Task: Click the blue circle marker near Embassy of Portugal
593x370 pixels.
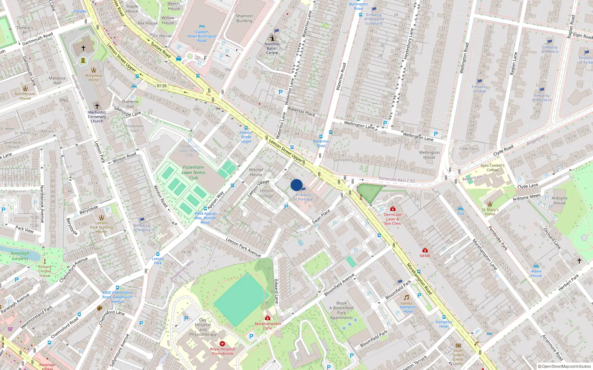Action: click(296, 185)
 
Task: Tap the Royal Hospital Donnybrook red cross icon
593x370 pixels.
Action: click(222, 344)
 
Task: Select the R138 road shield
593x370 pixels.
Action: click(162, 86)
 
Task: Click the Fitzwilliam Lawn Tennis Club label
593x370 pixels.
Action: click(193, 172)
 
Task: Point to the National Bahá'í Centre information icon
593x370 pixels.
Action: click(272, 38)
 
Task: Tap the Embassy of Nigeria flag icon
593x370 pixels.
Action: click(142, 220)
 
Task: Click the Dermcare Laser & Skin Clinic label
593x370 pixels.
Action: click(392, 219)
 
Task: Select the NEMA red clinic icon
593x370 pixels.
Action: click(425, 250)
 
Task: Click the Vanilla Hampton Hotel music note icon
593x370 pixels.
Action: click(407, 297)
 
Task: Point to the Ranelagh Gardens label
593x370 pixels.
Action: click(20, 256)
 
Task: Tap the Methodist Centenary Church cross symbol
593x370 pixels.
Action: click(97, 106)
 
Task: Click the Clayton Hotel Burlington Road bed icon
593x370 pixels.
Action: click(202, 27)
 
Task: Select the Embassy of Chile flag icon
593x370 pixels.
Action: click(480, 81)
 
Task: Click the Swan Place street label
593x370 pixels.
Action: click(321, 217)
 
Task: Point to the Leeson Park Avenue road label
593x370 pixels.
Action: click(243, 247)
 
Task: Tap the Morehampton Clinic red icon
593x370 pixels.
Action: click(268, 318)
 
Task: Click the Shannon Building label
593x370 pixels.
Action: click(244, 18)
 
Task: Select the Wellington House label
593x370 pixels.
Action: click(429, 155)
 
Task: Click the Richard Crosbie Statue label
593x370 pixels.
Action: click(44, 271)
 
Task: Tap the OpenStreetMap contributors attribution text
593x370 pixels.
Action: click(564, 366)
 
